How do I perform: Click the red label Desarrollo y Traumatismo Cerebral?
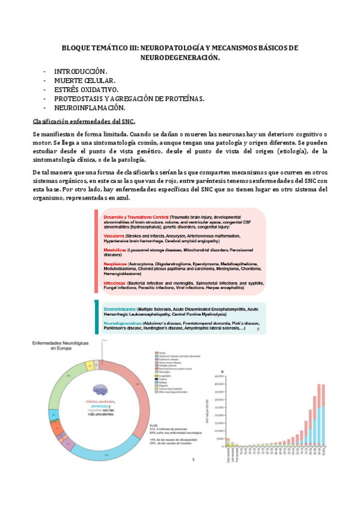135,216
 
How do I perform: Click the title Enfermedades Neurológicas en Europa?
56,345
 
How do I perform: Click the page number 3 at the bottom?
193,461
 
